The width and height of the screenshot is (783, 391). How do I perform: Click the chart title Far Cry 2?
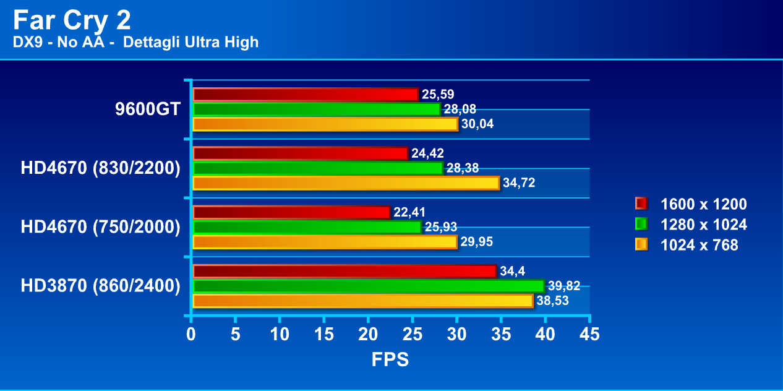tap(72, 21)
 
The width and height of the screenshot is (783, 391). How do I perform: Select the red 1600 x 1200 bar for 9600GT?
tap(306, 95)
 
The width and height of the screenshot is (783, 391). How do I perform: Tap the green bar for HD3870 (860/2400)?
tap(368, 286)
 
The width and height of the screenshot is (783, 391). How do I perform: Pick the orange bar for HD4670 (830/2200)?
tap(346, 183)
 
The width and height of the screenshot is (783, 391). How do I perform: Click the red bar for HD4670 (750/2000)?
tap(291, 212)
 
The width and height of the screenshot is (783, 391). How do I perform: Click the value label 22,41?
tap(409, 212)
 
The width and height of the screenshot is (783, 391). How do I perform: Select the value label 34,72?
tap(518, 183)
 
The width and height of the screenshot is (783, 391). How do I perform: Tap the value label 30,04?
tap(477, 124)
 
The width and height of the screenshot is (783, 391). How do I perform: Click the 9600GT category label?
tap(147, 110)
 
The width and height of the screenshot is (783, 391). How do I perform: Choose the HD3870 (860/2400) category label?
tap(100, 286)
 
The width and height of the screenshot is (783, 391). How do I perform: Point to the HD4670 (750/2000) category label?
tap(100, 227)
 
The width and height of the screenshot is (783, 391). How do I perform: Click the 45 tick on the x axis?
tap(589, 334)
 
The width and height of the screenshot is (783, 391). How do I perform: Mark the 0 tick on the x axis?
tap(191, 334)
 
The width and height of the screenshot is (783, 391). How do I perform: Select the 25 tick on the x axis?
tap(412, 334)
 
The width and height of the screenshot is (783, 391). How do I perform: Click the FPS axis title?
tap(390, 359)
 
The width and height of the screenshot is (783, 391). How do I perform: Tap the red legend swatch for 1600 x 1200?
tap(641, 204)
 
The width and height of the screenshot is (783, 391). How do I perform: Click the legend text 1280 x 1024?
tap(703, 225)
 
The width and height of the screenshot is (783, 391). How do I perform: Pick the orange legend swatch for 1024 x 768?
tap(641, 245)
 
